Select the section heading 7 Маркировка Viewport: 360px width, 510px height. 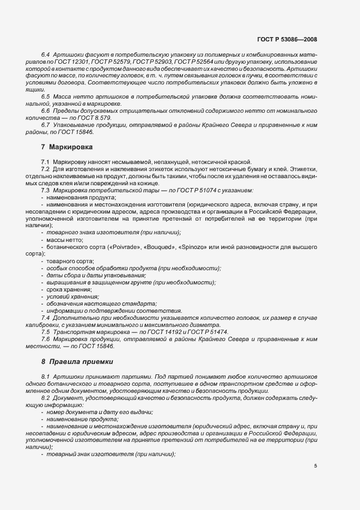click(67, 147)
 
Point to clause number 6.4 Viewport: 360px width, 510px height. click(46, 56)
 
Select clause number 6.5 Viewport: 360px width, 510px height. click(46, 96)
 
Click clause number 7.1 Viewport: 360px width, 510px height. click(46, 162)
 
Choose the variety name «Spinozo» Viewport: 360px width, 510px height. click(194, 247)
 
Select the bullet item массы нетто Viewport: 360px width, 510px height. click(63, 240)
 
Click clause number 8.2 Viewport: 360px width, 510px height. click(46, 399)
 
